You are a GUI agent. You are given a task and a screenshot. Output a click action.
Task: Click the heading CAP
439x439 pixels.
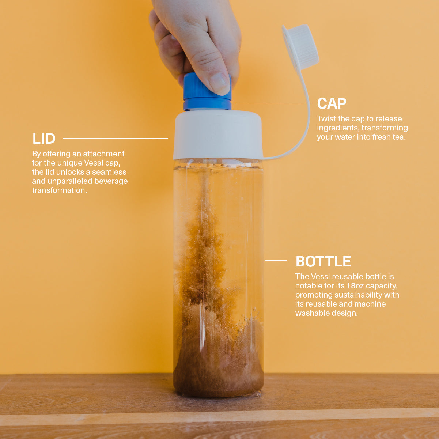pos(332,103)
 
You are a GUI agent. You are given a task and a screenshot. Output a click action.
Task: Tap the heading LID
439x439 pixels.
pos(44,139)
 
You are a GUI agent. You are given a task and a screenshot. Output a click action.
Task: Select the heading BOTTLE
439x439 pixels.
pos(323,261)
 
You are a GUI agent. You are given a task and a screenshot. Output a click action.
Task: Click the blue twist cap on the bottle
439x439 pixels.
pos(207,92)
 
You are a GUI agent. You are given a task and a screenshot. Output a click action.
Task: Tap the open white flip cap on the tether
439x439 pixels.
pos(300,48)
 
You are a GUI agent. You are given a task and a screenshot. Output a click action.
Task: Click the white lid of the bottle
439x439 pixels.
pos(218,135)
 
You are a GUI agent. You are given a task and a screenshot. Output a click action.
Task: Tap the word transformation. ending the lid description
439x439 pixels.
pos(60,190)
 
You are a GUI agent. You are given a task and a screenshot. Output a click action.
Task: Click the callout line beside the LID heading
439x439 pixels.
pos(116,138)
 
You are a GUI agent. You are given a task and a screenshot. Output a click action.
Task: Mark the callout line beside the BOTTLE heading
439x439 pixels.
pos(276,260)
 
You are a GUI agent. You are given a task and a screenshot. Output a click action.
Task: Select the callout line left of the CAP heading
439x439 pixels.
pos(274,103)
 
